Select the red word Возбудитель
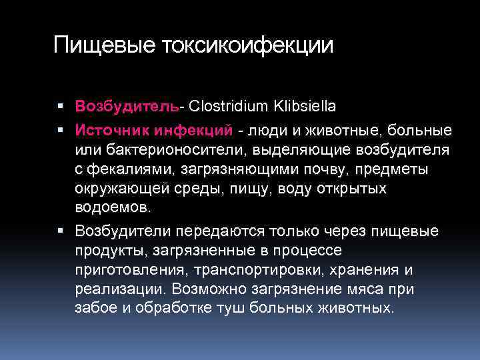click(x=127, y=107)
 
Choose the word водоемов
click(x=113, y=208)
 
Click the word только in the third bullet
click(x=293, y=231)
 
